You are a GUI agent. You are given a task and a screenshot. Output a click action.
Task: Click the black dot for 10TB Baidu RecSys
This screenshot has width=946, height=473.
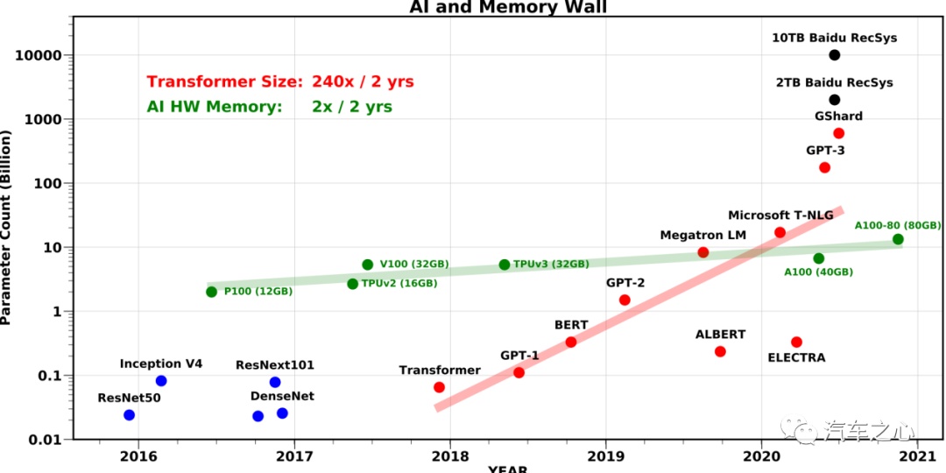click(x=834, y=55)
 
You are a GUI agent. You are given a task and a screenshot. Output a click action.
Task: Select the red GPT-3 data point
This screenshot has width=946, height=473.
click(x=824, y=167)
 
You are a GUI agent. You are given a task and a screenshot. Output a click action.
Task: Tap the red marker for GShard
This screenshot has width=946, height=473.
click(x=838, y=133)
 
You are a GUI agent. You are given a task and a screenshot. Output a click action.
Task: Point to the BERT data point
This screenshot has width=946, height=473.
click(x=571, y=342)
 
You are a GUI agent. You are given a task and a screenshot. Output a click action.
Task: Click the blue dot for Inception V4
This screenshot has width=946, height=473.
click(x=161, y=381)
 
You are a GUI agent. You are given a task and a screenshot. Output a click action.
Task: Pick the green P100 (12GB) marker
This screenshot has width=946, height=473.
click(x=211, y=292)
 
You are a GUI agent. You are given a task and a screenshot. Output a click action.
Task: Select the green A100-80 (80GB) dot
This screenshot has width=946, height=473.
click(x=898, y=239)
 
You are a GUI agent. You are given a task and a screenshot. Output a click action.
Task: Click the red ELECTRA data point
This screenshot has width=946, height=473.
click(x=796, y=342)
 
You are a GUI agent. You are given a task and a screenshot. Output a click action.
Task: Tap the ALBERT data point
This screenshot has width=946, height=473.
click(x=720, y=351)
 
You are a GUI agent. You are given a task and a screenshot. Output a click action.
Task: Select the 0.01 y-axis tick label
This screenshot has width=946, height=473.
click(x=44, y=439)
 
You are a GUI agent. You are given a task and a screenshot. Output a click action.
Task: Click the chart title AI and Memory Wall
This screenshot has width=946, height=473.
click(x=508, y=8)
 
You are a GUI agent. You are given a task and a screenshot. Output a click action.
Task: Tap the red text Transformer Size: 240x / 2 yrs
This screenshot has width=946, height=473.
click(x=280, y=81)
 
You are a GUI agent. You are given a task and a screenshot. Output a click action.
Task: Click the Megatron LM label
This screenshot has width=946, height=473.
click(x=703, y=235)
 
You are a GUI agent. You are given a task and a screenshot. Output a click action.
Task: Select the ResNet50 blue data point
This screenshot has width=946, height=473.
click(x=130, y=414)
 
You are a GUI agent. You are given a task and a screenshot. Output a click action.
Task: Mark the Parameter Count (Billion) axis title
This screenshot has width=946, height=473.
click(x=6, y=228)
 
